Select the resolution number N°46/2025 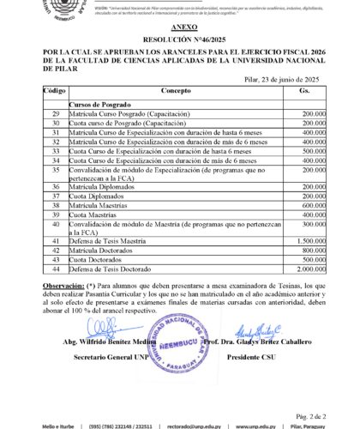[179, 39]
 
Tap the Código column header [54, 90]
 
